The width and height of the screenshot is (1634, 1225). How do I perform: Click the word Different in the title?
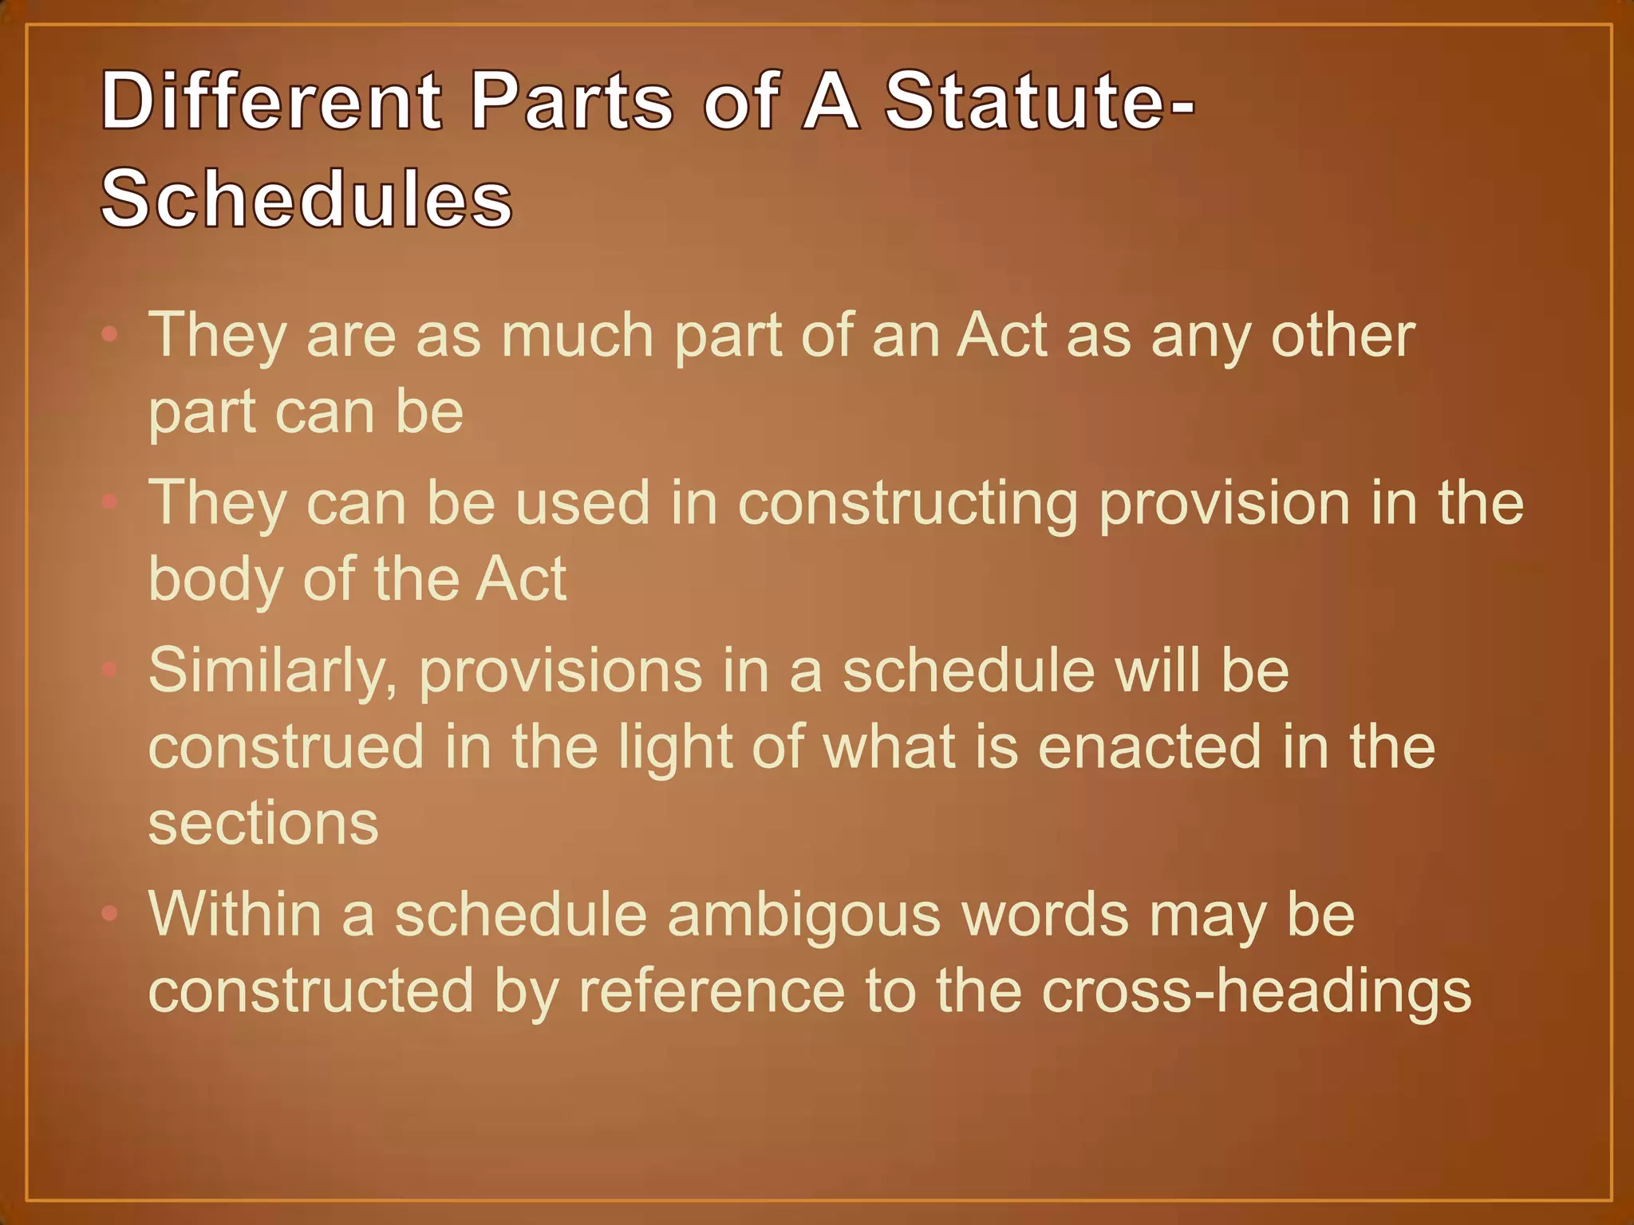[270, 101]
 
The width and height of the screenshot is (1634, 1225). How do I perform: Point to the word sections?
[263, 824]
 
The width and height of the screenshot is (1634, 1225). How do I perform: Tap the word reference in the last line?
[711, 991]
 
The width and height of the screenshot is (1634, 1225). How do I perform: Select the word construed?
[286, 747]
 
